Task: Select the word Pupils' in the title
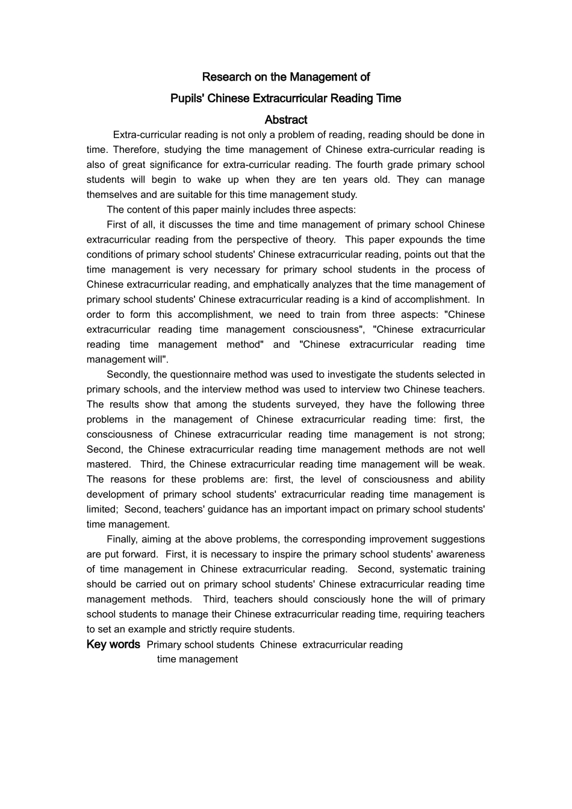187,99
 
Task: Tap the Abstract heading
286,120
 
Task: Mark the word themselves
112,194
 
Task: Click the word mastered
108,464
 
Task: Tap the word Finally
122,539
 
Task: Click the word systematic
421,569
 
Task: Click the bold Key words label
113,645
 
